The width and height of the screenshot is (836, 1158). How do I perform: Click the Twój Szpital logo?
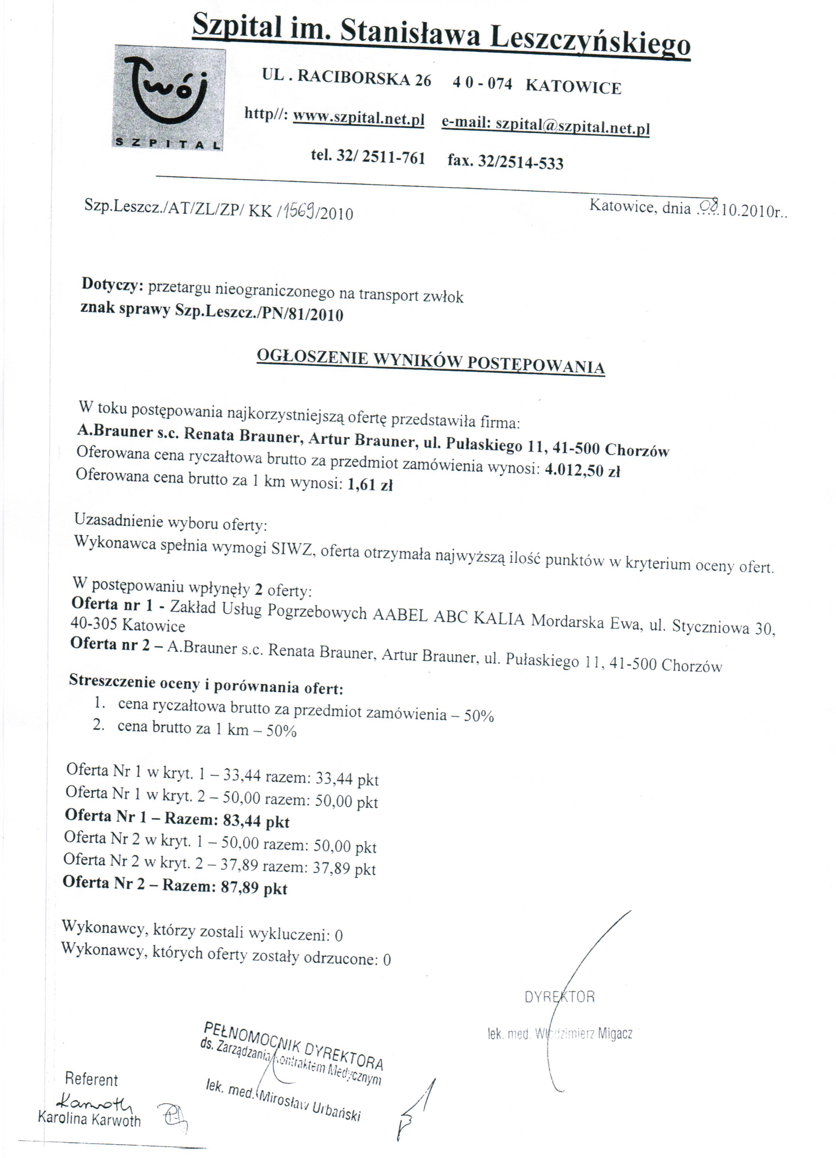click(169, 97)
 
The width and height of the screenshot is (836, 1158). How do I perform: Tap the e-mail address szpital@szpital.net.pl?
click(572, 126)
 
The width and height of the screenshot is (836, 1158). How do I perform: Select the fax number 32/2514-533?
click(520, 162)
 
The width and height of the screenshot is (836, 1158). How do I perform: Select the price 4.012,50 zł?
click(583, 470)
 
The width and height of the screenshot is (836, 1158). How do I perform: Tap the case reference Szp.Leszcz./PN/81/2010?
click(259, 312)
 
